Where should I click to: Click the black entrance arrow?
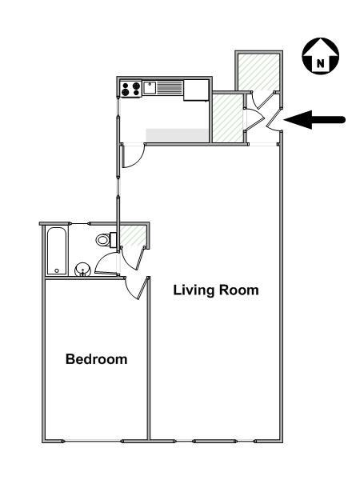point(315,121)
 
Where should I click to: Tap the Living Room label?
point(216,290)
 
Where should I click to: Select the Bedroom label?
point(96,359)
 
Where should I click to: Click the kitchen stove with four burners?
point(131,88)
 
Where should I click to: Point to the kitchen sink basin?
point(150,87)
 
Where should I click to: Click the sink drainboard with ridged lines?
point(170,88)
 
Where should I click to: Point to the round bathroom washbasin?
point(82,270)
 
